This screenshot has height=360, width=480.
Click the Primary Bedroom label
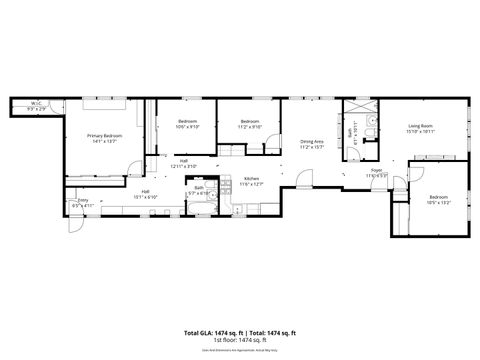[x=104, y=135]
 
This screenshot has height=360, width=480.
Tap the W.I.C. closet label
[x=34, y=102]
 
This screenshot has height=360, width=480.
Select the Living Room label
[x=421, y=126]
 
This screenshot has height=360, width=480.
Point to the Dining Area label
[x=312, y=142]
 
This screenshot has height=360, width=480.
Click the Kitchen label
[x=252, y=179]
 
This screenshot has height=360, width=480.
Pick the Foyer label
[x=377, y=171]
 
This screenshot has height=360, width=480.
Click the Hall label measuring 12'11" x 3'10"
[x=184, y=160]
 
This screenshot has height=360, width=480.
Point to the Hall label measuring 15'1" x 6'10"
[x=145, y=191]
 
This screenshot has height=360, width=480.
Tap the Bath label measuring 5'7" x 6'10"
[x=199, y=187]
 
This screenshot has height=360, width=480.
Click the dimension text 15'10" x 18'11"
[x=421, y=131]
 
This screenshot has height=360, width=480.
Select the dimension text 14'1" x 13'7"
[x=104, y=140]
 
